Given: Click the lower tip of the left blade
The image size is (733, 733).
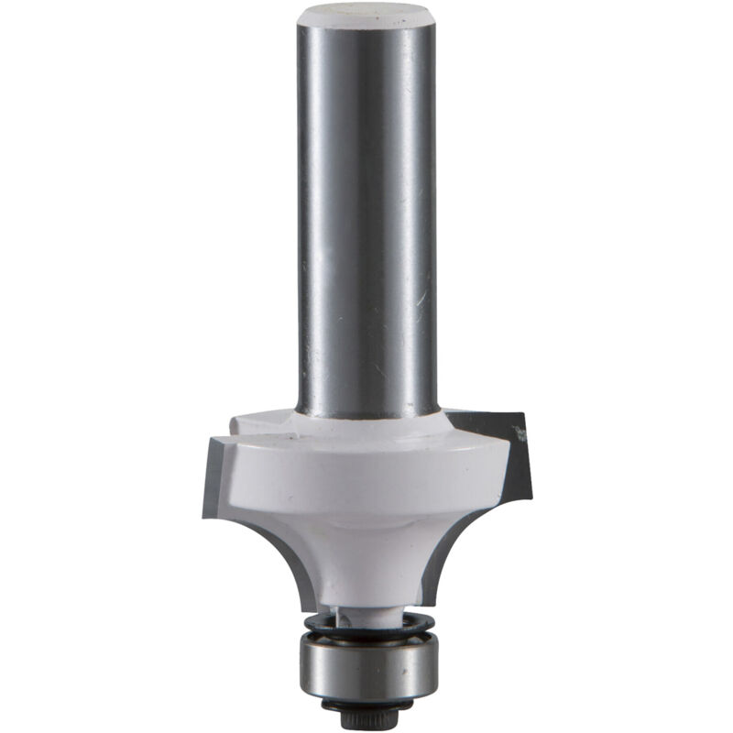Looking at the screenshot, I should (206, 513).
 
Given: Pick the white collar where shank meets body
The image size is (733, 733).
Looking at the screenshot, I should (366, 424).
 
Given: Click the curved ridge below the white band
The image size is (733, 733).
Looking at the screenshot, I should (366, 531).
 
